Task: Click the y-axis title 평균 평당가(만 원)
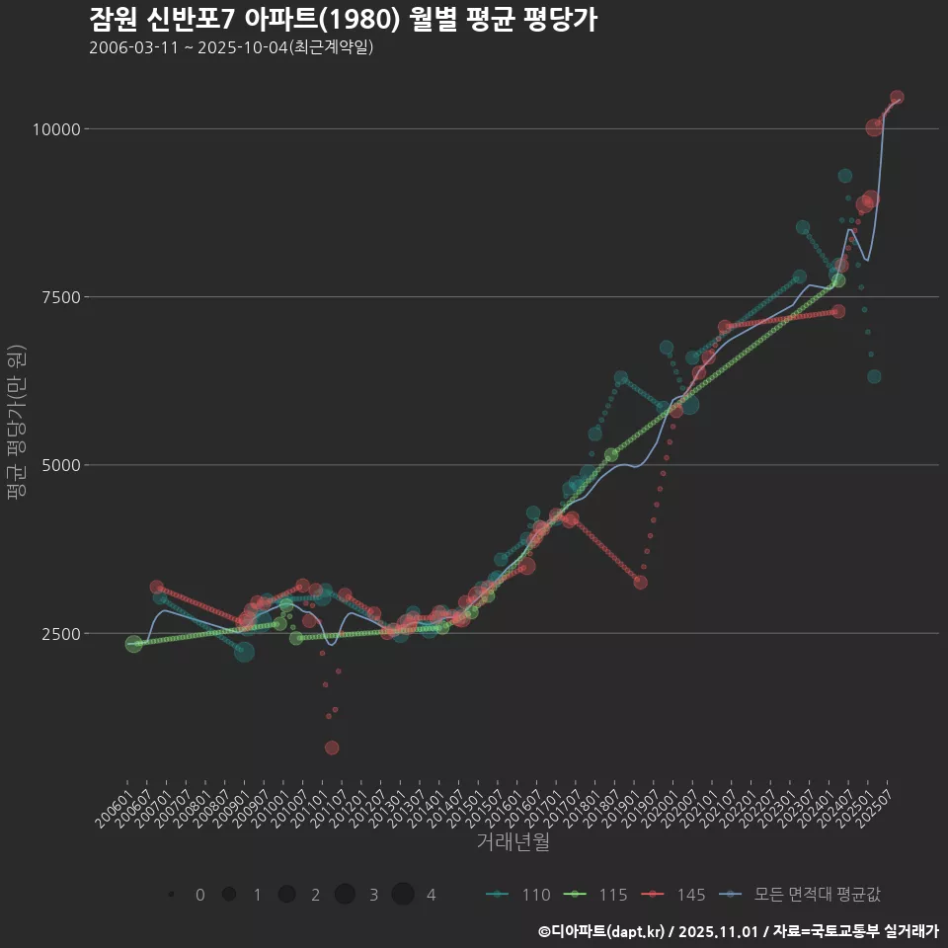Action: pos(15,425)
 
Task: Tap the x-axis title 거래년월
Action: pos(513,842)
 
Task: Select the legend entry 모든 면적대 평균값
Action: pos(800,895)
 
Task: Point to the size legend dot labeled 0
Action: pos(171,895)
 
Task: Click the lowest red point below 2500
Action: pos(332,748)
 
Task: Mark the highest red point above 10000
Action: pos(897,98)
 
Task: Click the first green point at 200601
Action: pos(133,644)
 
